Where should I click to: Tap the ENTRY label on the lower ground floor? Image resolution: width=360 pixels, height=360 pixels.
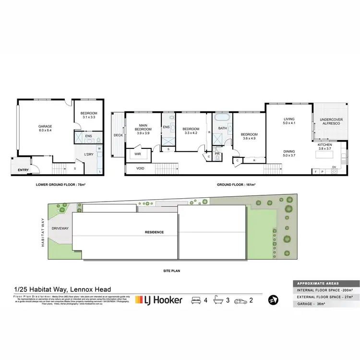[x=23, y=170]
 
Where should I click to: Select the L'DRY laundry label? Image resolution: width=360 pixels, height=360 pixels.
[x=89, y=154]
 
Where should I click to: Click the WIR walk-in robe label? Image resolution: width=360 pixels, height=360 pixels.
[x=137, y=154]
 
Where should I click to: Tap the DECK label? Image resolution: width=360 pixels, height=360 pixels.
[x=118, y=135]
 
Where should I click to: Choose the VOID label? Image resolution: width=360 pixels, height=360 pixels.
[x=140, y=168]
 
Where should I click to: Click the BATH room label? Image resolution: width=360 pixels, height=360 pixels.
[x=222, y=128]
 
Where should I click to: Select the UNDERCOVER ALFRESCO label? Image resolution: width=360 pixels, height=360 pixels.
[x=331, y=121]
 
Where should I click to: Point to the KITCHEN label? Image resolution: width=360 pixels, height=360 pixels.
[x=331, y=146]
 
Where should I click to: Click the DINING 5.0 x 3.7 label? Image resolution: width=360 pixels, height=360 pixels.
[x=288, y=153]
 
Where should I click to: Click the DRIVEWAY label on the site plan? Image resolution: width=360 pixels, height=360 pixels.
[x=61, y=229]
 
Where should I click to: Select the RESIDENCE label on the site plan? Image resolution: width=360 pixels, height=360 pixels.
[x=155, y=232]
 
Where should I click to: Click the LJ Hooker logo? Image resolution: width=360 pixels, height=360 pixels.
[x=159, y=300]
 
